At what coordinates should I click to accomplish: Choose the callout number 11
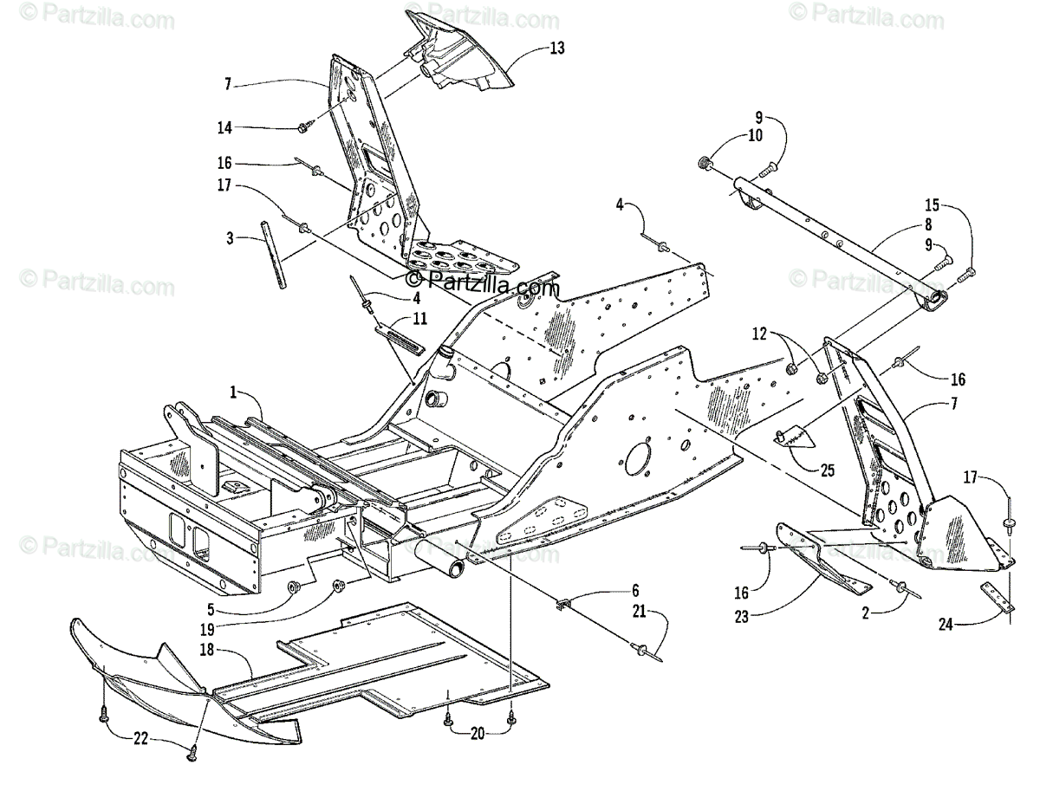click(419, 319)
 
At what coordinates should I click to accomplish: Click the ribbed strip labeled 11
click(400, 335)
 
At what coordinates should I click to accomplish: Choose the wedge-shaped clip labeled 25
click(793, 438)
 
